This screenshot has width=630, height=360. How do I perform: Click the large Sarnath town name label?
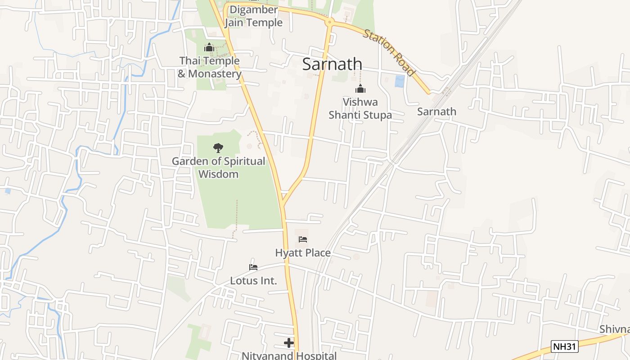point(332,64)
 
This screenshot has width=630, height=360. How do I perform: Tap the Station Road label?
point(389,53)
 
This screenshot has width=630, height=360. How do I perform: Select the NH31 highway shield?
point(564,346)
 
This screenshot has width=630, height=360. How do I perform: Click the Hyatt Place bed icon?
point(303,239)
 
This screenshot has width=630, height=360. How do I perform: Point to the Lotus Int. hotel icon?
point(253,267)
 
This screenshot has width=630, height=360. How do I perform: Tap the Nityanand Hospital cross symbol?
point(289,343)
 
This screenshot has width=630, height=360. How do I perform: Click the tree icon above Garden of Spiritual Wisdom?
point(218,148)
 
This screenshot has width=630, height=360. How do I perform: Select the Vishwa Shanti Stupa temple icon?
point(360,89)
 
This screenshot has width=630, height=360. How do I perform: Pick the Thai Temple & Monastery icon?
point(209,47)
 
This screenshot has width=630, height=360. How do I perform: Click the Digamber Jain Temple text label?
point(253,16)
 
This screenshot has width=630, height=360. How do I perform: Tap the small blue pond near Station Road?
point(399,81)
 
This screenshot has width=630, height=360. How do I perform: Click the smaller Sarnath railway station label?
point(436,112)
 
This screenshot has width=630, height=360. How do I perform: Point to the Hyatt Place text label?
point(303,253)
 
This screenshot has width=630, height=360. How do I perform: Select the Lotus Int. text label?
point(253,281)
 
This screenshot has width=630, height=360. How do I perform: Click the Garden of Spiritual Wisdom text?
point(218,167)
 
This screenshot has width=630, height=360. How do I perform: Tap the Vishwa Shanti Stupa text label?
point(360,108)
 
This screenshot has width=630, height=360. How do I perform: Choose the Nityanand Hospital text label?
point(289,355)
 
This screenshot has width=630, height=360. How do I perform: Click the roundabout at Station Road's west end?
point(330,22)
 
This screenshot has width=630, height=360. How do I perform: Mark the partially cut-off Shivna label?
point(615,329)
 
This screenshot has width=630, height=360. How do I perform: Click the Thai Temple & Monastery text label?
point(209,67)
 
